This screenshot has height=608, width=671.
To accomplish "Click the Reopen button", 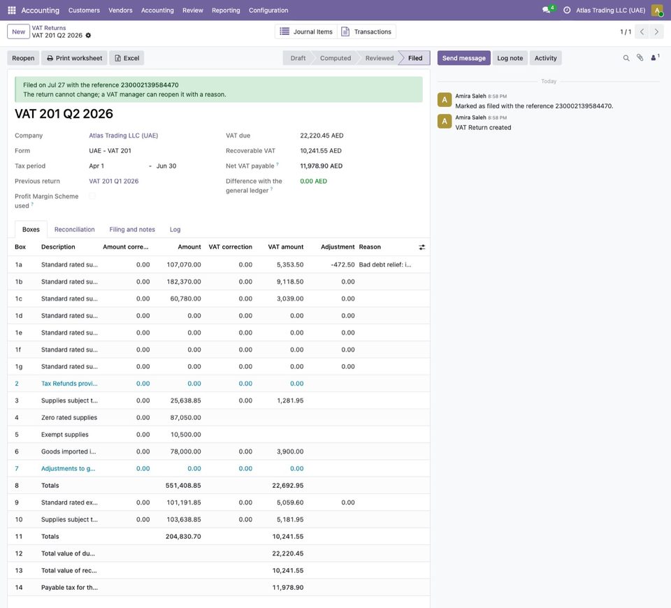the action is point(23,58).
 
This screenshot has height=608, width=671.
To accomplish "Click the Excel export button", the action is point(127,58).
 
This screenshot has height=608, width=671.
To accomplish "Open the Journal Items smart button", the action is point(306,31).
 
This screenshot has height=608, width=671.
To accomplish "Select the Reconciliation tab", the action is point(75,229).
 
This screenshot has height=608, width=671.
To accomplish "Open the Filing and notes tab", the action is point(132,229).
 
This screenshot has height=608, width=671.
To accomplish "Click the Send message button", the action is point(464,58).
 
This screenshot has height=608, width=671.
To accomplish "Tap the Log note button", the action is point(510,58).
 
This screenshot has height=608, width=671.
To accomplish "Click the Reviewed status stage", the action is point(379,58).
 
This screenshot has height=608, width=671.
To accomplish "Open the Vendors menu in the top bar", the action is point(120,10).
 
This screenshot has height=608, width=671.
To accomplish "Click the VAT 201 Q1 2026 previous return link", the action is point(114,181).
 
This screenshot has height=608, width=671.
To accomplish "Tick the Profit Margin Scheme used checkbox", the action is point(92,196).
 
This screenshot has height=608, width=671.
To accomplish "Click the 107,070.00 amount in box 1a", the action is point(184,264).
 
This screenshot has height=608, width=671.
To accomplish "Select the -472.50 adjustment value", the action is point(342,264).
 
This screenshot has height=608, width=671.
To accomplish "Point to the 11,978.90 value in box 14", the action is point(288,588).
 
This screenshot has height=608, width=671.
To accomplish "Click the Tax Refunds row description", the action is point(69,384).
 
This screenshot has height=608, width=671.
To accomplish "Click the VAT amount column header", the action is point(285,247).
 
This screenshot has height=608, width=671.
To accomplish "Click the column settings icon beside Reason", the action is point(422,247).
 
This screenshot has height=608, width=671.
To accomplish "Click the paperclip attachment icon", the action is point(640,58).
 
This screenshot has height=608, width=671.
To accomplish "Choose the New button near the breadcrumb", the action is point(18,31).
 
